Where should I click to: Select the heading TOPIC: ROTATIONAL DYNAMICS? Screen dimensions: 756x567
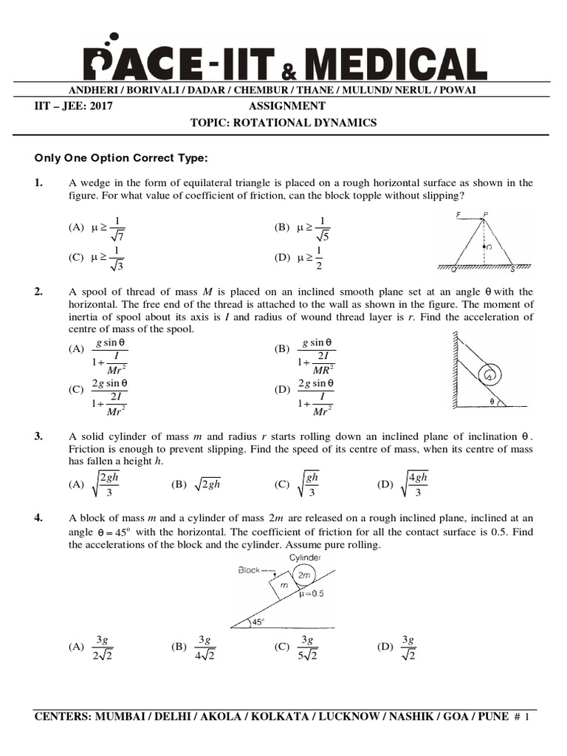pos(283,123)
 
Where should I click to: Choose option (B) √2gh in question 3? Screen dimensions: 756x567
pos(196,485)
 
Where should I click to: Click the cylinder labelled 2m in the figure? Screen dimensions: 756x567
pos(303,574)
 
